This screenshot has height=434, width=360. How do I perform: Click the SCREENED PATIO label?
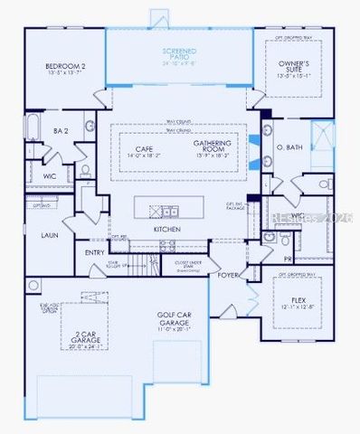178,51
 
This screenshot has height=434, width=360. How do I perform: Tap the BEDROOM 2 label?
65,66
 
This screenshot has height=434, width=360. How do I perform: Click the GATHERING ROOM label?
213,145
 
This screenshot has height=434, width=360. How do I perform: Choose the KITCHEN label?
167,230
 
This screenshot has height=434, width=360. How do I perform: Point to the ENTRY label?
95,252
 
